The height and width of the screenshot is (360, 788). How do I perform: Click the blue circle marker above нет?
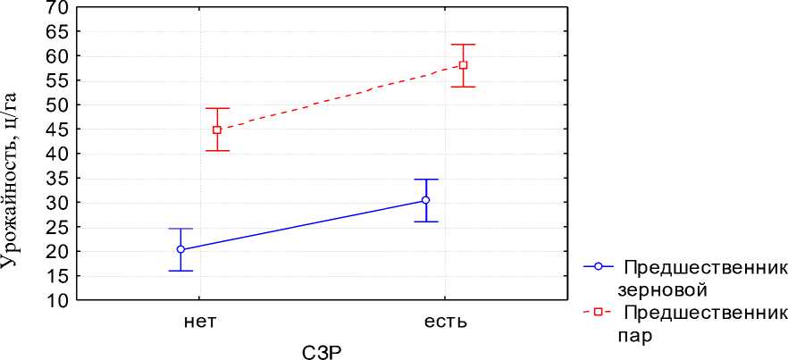[180, 249]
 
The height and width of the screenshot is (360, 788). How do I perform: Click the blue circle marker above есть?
[425, 200]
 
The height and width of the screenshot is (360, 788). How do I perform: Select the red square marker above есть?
[463, 64]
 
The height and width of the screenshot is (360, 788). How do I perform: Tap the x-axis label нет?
[199, 321]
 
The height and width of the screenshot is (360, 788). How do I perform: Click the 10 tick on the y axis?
[55, 301]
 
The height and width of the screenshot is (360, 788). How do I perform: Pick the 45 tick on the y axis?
[55, 130]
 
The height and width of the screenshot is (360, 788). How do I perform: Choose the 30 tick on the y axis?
[55, 203]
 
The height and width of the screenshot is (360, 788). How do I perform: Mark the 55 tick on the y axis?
[55, 80]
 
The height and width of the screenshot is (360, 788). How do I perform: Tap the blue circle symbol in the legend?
[599, 266]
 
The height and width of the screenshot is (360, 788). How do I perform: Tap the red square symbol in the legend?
[599, 313]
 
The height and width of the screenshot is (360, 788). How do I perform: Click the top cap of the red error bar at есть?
[463, 45]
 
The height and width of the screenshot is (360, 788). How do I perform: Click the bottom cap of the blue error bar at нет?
[180, 271]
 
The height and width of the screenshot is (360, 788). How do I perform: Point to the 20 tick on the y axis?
[55, 252]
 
